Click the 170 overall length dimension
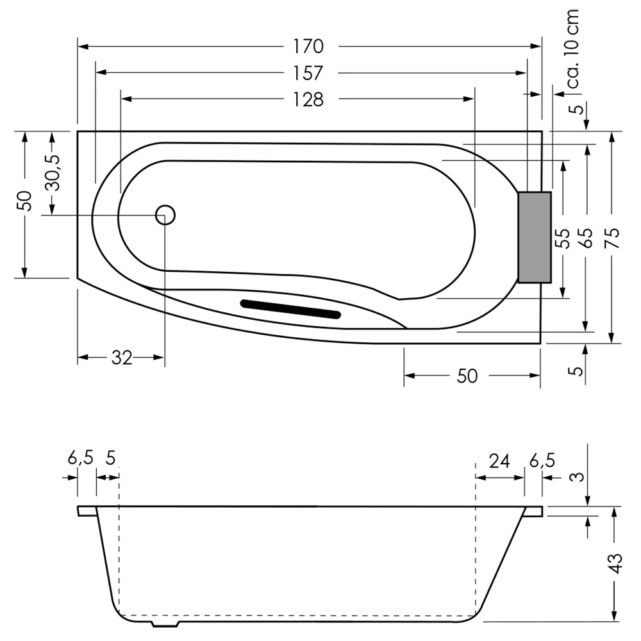click(308, 47)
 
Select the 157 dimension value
click(308, 73)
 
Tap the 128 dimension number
click(308, 100)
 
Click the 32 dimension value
click(121, 358)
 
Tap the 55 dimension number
click(562, 238)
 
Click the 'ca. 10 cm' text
click(572, 49)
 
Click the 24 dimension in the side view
click(499, 460)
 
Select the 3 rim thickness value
click(578, 477)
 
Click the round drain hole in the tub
click(165, 215)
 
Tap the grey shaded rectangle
click(535, 237)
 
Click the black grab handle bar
click(290, 309)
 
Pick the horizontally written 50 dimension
click(467, 376)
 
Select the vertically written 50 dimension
click(24, 201)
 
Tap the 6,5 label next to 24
click(542, 460)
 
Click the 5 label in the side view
click(110, 459)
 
